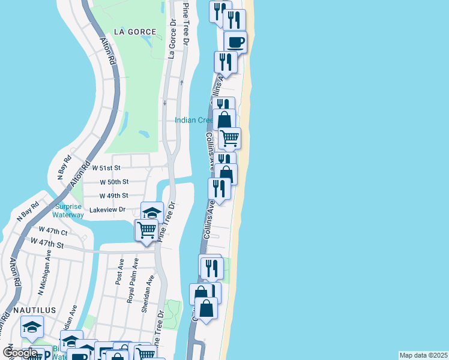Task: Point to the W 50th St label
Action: (x=114, y=182)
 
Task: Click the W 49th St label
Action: (x=114, y=196)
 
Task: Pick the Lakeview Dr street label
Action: (x=107, y=210)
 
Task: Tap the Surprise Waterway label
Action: (x=68, y=211)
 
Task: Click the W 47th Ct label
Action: (x=53, y=230)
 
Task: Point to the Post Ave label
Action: (x=120, y=271)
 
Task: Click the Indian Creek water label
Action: (x=194, y=120)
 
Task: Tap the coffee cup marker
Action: (x=235, y=42)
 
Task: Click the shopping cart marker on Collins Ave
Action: (x=229, y=138)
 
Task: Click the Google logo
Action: (x=20, y=353)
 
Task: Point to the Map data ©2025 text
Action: (x=423, y=355)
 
